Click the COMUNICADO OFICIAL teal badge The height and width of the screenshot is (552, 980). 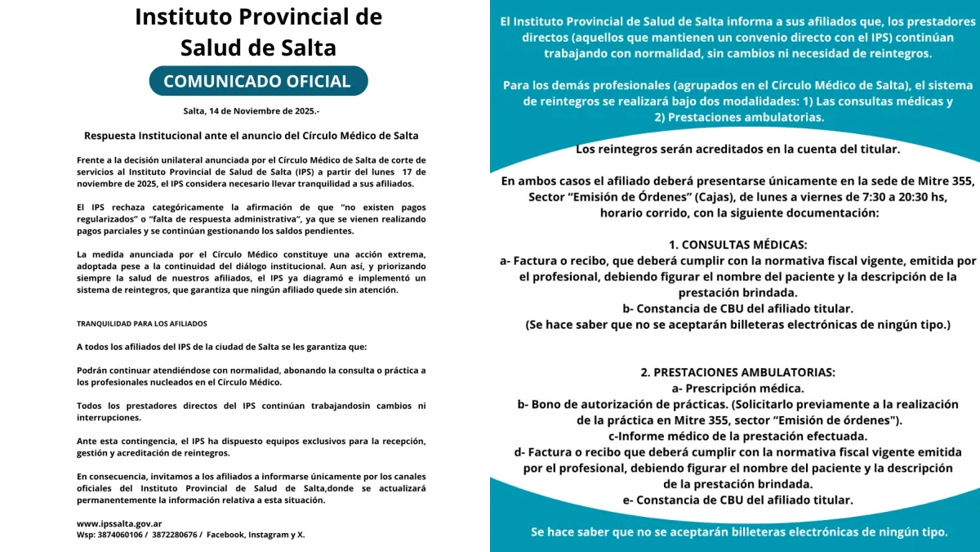click(x=257, y=81)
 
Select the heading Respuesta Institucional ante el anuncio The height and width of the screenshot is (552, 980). click(x=252, y=135)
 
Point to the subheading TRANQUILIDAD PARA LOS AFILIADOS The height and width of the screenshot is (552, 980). click(x=142, y=324)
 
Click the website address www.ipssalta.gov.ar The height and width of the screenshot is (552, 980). click(x=119, y=523)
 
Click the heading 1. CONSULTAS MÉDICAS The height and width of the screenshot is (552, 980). click(x=737, y=245)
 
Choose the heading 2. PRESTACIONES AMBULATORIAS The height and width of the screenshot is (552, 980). click(x=737, y=372)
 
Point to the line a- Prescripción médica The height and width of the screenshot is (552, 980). click(x=737, y=388)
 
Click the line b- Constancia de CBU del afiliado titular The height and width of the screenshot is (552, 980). click(x=737, y=308)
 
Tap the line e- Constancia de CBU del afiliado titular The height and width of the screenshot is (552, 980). click(x=737, y=500)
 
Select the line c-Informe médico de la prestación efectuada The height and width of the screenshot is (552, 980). click(x=737, y=436)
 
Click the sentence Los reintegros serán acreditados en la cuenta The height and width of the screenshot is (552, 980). click(x=737, y=149)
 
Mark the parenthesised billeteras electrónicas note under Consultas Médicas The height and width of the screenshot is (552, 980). click(x=737, y=325)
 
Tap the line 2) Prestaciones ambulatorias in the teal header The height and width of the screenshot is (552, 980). click(x=737, y=117)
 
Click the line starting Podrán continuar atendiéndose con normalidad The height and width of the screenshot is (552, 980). click(x=252, y=370)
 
